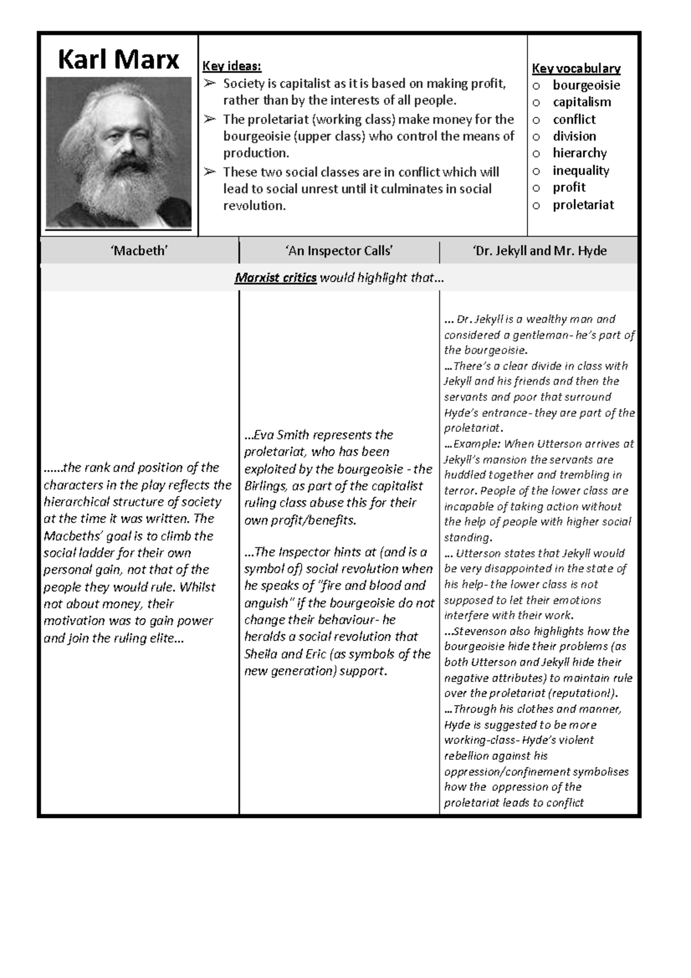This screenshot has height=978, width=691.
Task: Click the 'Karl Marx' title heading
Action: [x=119, y=59]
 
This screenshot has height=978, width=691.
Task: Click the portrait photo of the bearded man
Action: [x=119, y=153]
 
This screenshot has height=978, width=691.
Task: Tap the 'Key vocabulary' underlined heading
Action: [x=576, y=69]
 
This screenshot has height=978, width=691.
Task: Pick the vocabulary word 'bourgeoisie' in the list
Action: [x=586, y=85]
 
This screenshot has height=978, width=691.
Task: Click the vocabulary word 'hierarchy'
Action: [x=579, y=153]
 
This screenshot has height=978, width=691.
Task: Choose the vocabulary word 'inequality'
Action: [x=580, y=170]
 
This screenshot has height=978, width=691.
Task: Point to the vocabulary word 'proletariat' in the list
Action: [x=583, y=205]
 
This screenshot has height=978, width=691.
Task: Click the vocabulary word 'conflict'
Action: [x=574, y=120]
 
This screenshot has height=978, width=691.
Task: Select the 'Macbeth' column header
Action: [x=139, y=251]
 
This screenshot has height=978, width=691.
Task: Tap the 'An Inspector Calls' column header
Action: [x=339, y=251]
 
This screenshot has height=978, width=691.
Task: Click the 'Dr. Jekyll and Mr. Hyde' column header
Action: [x=540, y=251]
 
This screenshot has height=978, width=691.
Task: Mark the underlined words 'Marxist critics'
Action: [x=275, y=278]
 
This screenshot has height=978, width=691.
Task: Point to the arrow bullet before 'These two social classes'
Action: [x=209, y=172]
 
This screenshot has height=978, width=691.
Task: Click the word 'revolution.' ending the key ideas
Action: [x=254, y=206]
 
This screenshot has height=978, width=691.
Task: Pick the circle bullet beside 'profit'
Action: [x=536, y=188]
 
